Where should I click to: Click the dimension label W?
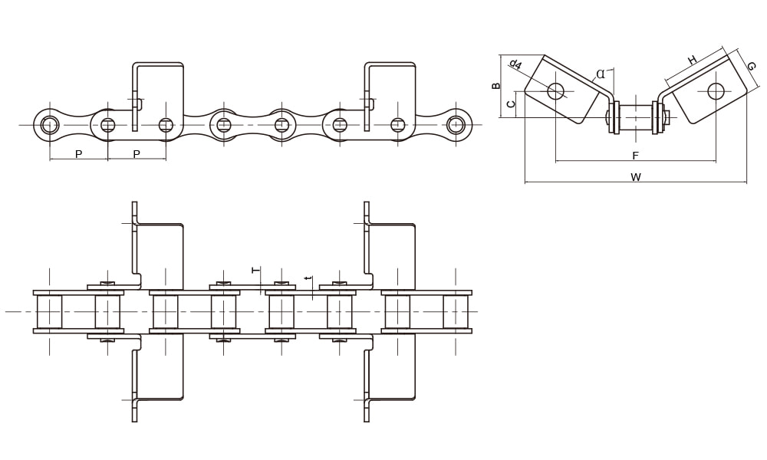pos(635,177)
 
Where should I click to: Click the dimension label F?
pos(635,156)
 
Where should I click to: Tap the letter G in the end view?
pos(750,66)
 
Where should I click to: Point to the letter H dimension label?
pos(692,60)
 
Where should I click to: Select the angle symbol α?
pos(600,74)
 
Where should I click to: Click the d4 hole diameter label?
pos(515,64)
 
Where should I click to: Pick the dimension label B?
pos(496,86)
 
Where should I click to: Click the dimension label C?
pos(511,103)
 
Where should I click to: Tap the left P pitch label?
pos(78,154)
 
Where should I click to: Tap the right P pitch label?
pos(137,154)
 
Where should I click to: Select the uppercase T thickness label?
pos(256,270)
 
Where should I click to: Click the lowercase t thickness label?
pos(308,278)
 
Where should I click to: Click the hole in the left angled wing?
pos(555,91)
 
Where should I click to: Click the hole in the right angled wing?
pos(716,91)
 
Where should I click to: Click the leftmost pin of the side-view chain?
pos(50,124)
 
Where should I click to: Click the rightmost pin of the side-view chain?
pos(456,124)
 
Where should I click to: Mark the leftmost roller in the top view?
pos(50,311)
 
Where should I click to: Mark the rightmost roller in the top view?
pos(456,311)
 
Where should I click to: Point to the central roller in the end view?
pos(635,117)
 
